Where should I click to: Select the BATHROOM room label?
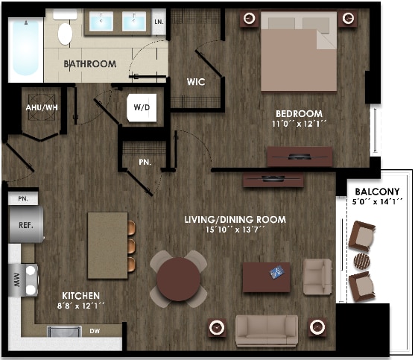(89, 64)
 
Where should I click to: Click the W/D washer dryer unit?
(142, 107)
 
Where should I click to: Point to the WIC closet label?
(196, 81)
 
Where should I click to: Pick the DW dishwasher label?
(95, 331)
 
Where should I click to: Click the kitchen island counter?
(107, 244)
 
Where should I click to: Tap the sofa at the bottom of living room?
(267, 329)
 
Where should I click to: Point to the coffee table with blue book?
(267, 277)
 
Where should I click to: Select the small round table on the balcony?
(361, 261)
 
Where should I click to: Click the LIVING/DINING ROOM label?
(235, 219)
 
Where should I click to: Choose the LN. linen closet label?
(159, 22)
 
